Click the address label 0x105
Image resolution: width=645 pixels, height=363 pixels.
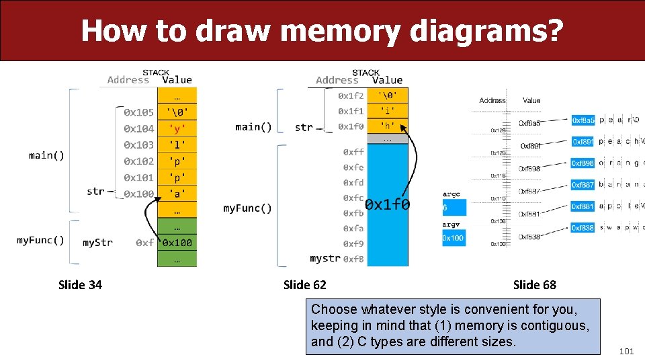click(138, 112)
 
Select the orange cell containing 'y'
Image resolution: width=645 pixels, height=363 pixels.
click(177, 128)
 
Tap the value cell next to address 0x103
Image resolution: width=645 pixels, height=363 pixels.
click(177, 145)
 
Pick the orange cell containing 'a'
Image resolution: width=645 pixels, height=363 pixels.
click(177, 194)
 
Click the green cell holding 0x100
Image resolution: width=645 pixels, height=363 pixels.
click(177, 242)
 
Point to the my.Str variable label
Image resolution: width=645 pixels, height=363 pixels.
click(97, 242)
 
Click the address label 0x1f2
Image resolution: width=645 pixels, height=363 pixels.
click(351, 96)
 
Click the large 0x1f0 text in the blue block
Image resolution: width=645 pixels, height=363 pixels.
click(388, 204)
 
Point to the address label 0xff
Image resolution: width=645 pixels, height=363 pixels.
click(353, 153)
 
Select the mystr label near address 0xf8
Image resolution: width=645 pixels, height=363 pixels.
click(325, 258)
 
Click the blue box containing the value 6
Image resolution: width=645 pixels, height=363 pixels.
click(454, 208)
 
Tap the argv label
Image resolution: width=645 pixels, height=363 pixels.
click(451, 225)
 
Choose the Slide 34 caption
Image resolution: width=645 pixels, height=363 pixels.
click(80, 285)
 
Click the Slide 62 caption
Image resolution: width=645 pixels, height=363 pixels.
click(304, 285)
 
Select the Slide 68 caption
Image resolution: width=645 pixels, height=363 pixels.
click(534, 285)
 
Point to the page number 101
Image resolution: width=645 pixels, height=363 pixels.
click(626, 351)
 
